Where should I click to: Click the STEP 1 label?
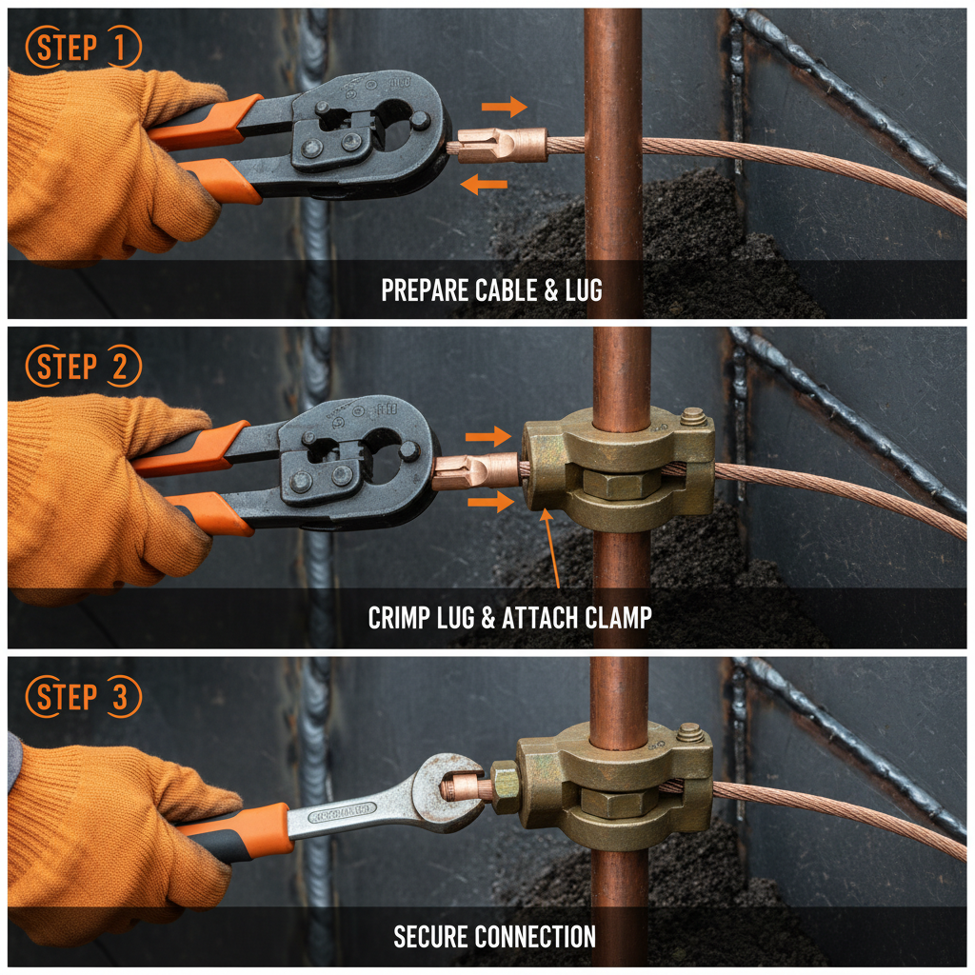point(84,48)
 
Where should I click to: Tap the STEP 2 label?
point(84,367)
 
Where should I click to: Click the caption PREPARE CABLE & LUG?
point(491,290)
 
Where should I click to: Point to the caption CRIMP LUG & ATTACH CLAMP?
point(509,618)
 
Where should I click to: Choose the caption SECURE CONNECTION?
point(494,937)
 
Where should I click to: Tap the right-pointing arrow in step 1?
point(504,106)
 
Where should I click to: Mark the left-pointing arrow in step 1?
point(484,185)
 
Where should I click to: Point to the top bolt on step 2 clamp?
point(693,416)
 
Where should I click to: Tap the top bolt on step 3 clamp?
point(690,733)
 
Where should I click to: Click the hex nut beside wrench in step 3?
point(506,786)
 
